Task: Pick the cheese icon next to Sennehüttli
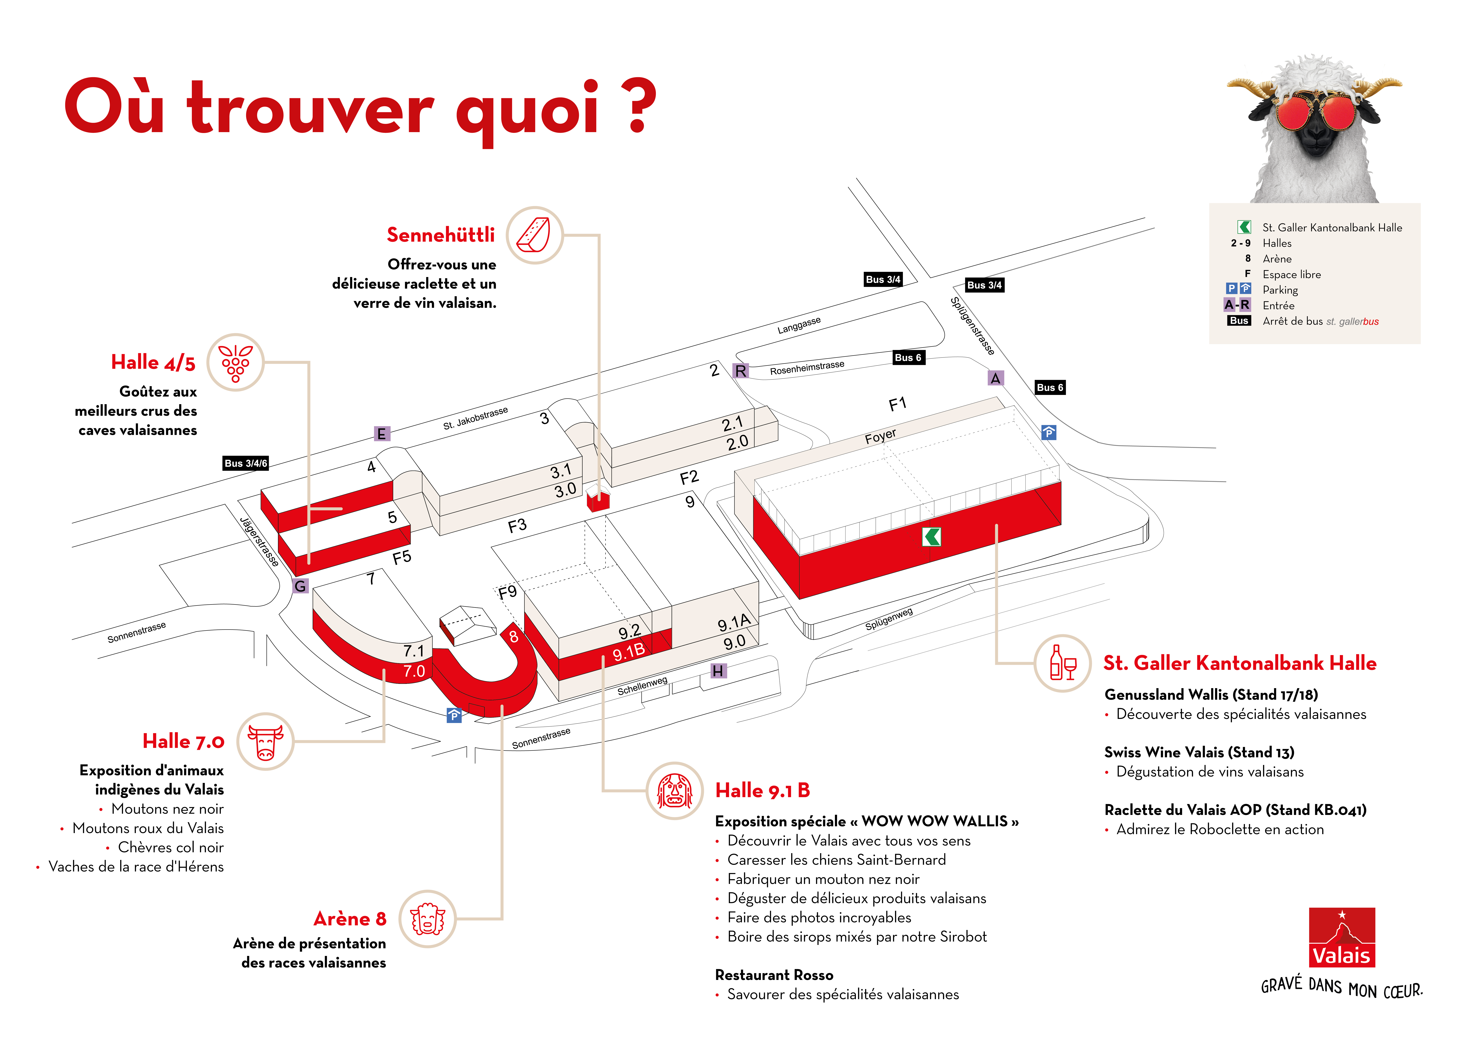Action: (x=534, y=235)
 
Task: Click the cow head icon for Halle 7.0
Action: (x=265, y=742)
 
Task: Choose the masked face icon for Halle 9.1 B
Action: (x=674, y=791)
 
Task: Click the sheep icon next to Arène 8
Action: (x=427, y=919)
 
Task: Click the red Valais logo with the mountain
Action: (x=1341, y=937)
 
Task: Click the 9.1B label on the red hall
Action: (x=628, y=652)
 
